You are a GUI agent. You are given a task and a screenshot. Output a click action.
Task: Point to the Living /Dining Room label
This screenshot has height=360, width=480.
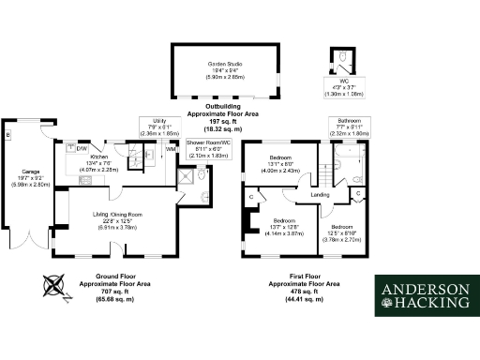pos(117,216)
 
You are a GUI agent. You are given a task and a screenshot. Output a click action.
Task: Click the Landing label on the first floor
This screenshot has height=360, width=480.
pos(320,194)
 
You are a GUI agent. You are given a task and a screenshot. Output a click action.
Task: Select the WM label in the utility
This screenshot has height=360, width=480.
pos(170,148)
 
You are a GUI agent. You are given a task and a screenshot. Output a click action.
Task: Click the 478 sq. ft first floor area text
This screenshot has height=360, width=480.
pos(298,292)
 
